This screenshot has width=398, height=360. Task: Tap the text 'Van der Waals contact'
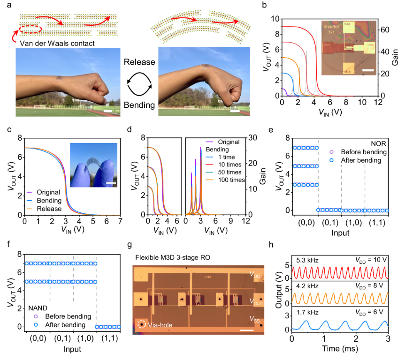tap(55, 44)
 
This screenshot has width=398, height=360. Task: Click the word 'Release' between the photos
tap(138, 62)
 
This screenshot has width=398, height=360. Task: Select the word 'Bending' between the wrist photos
tap(138, 105)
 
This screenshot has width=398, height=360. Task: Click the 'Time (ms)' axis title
tap(340, 349)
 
